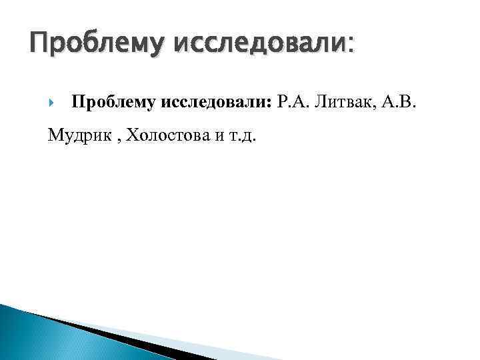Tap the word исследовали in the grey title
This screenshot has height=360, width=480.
[x=259, y=45]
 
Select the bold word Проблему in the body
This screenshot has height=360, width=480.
[x=113, y=103]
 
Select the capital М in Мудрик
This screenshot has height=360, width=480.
[x=55, y=137]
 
